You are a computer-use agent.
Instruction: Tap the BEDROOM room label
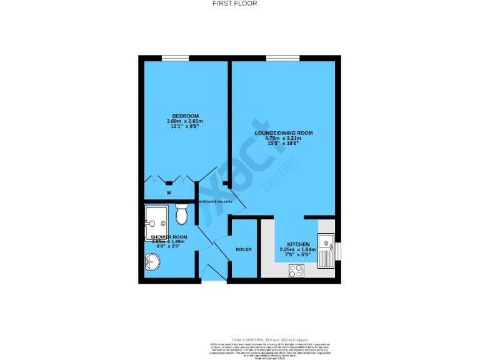pyautogui.click(x=186, y=116)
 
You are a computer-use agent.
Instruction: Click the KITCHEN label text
pyautogui.click(x=297, y=244)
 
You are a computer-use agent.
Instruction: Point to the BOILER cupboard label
pyautogui.click(x=244, y=249)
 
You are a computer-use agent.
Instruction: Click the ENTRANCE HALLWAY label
pyautogui.click(x=216, y=202)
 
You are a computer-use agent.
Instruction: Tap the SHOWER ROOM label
pyautogui.click(x=169, y=237)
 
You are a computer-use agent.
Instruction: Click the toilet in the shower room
pyautogui.click(x=182, y=213)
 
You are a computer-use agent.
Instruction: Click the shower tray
pyautogui.click(x=156, y=221)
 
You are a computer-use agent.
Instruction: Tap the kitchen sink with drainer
pyautogui.click(x=326, y=251)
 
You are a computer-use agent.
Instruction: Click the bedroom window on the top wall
pyautogui.click(x=175, y=59)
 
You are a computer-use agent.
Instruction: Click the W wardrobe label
pyautogui.click(x=169, y=193)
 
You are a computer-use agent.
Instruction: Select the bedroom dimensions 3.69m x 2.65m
pyautogui.click(x=185, y=121)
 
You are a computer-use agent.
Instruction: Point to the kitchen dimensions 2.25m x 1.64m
pyautogui.click(x=297, y=249)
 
